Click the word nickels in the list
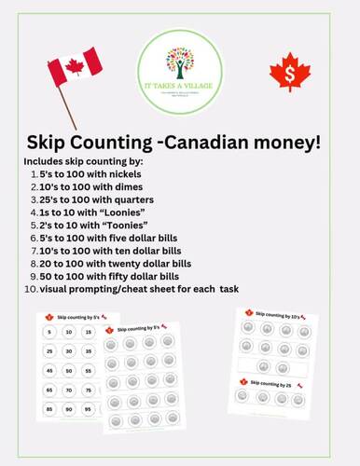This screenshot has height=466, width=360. [129, 173]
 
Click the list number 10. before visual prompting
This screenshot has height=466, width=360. [31, 290]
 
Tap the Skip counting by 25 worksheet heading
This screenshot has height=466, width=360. [279, 382]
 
